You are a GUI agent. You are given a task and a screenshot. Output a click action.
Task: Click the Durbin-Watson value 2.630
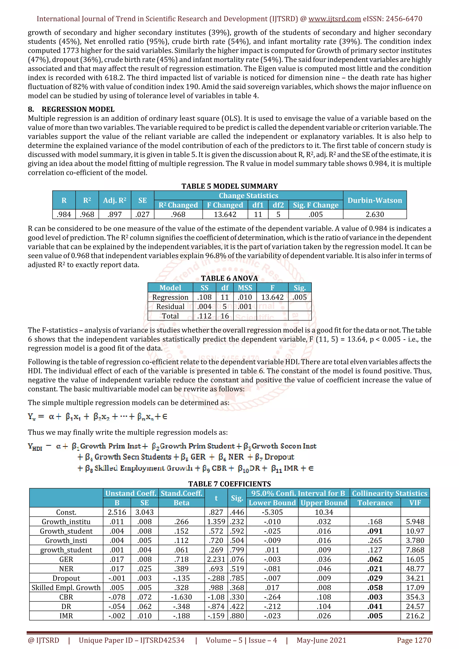pyautogui.click(x=375, y=214)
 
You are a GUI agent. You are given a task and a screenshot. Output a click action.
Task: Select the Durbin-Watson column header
pyautogui.click(x=375, y=200)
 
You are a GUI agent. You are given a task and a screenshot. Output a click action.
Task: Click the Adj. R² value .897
pyautogui.click(x=115, y=214)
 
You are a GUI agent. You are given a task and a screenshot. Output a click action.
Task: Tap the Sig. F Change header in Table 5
pyautogui.click(x=316, y=205)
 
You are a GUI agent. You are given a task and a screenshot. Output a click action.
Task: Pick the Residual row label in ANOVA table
pyautogui.click(x=170, y=306)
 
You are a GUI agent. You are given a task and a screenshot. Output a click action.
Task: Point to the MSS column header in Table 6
pyautogui.click(x=245, y=288)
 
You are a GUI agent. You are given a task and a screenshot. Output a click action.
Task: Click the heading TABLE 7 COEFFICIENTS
pyautogui.click(x=229, y=484)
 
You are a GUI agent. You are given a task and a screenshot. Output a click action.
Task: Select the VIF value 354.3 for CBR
pyautogui.click(x=415, y=597)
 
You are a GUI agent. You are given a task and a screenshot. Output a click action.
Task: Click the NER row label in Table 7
pyautogui.click(x=66, y=569)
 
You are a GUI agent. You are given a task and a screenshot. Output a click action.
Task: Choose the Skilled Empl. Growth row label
pyautogui.click(x=66, y=588)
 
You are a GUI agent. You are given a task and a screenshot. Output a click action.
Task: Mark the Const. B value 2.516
pyautogui.click(x=117, y=512)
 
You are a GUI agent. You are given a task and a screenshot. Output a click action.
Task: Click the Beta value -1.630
pyautogui.click(x=181, y=597)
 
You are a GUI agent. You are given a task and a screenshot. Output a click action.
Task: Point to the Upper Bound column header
pyautogui.click(x=324, y=503)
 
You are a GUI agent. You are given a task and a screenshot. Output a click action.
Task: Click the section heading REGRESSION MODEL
pyautogui.click(x=78, y=109)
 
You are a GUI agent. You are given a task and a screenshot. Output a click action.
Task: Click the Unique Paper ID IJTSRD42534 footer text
pyautogui.click(x=132, y=640)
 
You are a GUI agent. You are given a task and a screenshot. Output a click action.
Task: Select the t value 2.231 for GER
pyautogui.click(x=216, y=559)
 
